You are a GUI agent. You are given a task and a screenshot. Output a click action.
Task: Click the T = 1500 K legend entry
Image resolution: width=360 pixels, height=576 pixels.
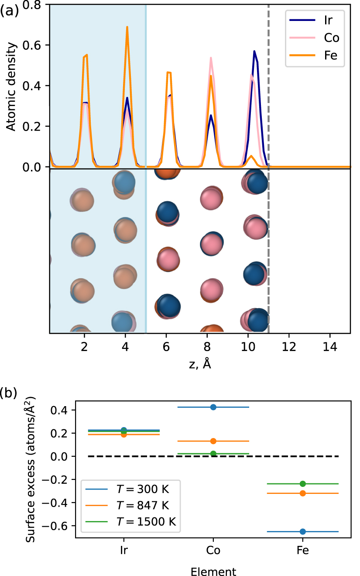pyautogui.click(x=133, y=523)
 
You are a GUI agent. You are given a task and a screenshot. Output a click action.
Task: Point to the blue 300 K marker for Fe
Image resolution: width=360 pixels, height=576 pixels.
pyautogui.click(x=303, y=531)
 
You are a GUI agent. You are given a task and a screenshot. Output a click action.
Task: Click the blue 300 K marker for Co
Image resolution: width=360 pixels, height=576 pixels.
pyautogui.click(x=213, y=407)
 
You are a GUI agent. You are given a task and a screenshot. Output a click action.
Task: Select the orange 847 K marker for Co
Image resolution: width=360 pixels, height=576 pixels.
pyautogui.click(x=213, y=441)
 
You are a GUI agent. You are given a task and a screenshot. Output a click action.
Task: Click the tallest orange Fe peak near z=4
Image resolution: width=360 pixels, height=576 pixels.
pyautogui.click(x=127, y=27)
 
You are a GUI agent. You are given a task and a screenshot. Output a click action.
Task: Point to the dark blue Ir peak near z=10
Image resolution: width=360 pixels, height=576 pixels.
pyautogui.click(x=254, y=52)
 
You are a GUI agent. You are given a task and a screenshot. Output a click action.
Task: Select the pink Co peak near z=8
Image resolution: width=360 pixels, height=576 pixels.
pyautogui.click(x=211, y=58)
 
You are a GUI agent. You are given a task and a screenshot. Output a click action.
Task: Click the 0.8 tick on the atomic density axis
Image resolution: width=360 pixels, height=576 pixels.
pyautogui.click(x=38, y=4)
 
